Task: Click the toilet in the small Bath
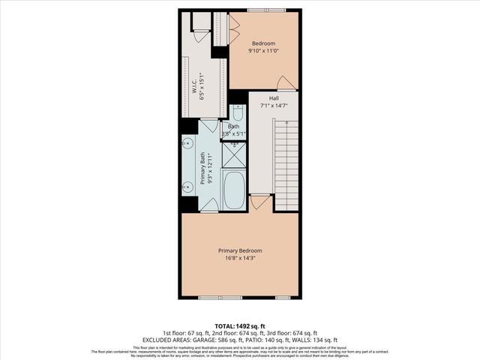(x=238, y=115)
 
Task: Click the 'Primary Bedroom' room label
(x=240, y=250)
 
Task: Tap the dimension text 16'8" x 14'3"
(x=240, y=259)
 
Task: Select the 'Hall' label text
(x=274, y=98)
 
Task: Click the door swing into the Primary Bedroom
(x=259, y=202)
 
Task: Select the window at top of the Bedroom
(x=265, y=10)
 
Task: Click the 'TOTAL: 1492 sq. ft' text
(x=239, y=325)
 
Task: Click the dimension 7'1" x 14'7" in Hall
(x=274, y=106)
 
